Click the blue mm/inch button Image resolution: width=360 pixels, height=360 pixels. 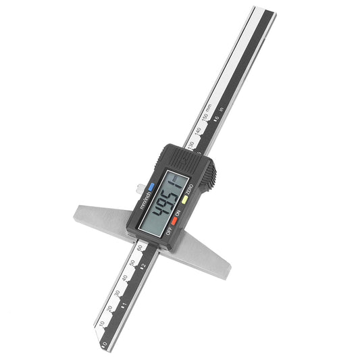151,188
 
